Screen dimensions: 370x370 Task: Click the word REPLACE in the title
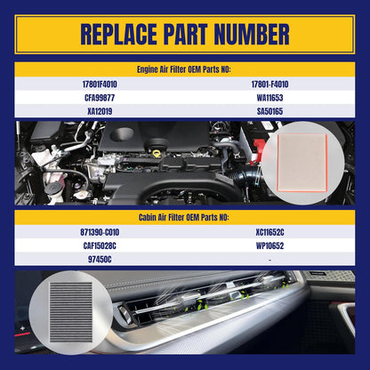tap(118, 35)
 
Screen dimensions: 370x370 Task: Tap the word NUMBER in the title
tap(252, 35)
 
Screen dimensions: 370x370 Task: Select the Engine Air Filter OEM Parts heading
tap(183, 69)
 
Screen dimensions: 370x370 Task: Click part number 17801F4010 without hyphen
tap(100, 84)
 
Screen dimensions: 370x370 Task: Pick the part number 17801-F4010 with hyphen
tap(269, 84)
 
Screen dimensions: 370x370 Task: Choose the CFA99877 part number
tap(100, 98)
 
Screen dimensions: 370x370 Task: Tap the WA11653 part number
tap(269, 98)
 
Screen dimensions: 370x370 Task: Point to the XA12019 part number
tap(100, 111)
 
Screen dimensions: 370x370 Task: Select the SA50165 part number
tap(269, 111)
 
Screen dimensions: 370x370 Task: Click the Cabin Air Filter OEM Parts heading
tap(183, 217)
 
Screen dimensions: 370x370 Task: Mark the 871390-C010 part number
tap(100, 232)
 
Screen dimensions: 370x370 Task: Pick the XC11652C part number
tap(269, 232)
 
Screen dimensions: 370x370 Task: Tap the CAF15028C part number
tap(100, 245)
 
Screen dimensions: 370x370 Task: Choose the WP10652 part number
tap(269, 245)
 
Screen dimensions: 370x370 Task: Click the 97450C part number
tap(100, 260)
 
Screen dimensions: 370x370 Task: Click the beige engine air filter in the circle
tap(302, 163)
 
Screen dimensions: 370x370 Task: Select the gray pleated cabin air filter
tap(71, 312)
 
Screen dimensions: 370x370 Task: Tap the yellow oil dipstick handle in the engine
tap(157, 154)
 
